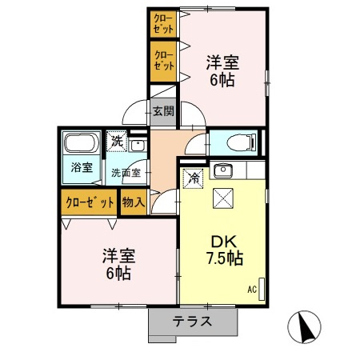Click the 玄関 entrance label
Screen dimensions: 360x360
point(163,111)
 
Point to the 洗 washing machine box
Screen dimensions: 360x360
point(117,141)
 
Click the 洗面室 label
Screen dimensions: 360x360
point(126,172)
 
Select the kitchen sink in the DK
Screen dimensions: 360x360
point(223,170)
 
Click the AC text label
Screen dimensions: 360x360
point(251,289)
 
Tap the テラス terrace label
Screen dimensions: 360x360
point(193,322)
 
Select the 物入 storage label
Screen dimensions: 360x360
point(134,202)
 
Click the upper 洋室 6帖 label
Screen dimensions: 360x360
point(222,70)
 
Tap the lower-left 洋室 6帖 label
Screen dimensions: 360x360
point(118,263)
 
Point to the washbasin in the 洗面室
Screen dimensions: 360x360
point(137,147)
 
